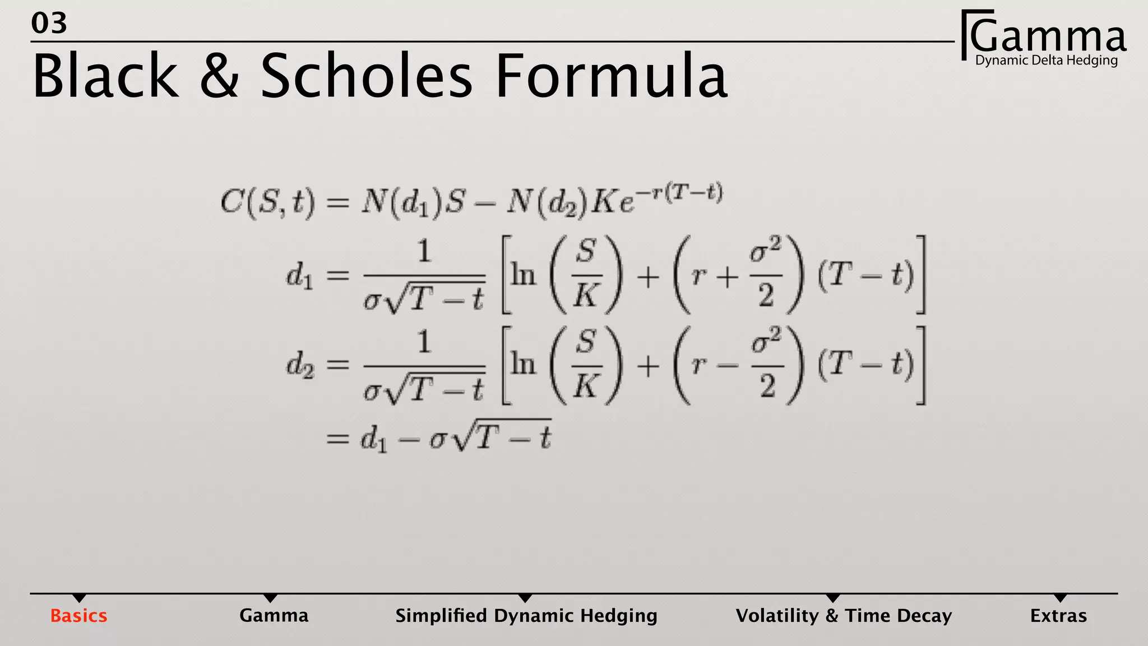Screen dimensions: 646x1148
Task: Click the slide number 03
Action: point(49,24)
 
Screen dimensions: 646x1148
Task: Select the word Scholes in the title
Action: point(367,76)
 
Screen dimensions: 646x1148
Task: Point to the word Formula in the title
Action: point(612,76)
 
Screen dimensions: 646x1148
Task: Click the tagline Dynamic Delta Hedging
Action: point(1047,61)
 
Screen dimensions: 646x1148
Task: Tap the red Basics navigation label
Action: point(78,616)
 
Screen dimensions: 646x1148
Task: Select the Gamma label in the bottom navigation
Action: point(274,616)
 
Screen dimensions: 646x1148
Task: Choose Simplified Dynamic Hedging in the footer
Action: point(526,616)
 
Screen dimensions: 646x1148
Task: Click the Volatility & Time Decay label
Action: point(844,616)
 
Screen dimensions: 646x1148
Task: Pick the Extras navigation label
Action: point(1058,616)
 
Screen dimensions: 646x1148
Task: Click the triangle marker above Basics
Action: point(80,598)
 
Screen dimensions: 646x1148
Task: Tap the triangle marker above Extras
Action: point(1060,598)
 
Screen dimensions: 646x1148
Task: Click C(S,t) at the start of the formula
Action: point(267,201)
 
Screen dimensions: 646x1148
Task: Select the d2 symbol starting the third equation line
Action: point(300,366)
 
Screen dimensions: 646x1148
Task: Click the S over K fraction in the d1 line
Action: point(586,275)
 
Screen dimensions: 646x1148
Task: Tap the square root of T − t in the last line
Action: point(502,436)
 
